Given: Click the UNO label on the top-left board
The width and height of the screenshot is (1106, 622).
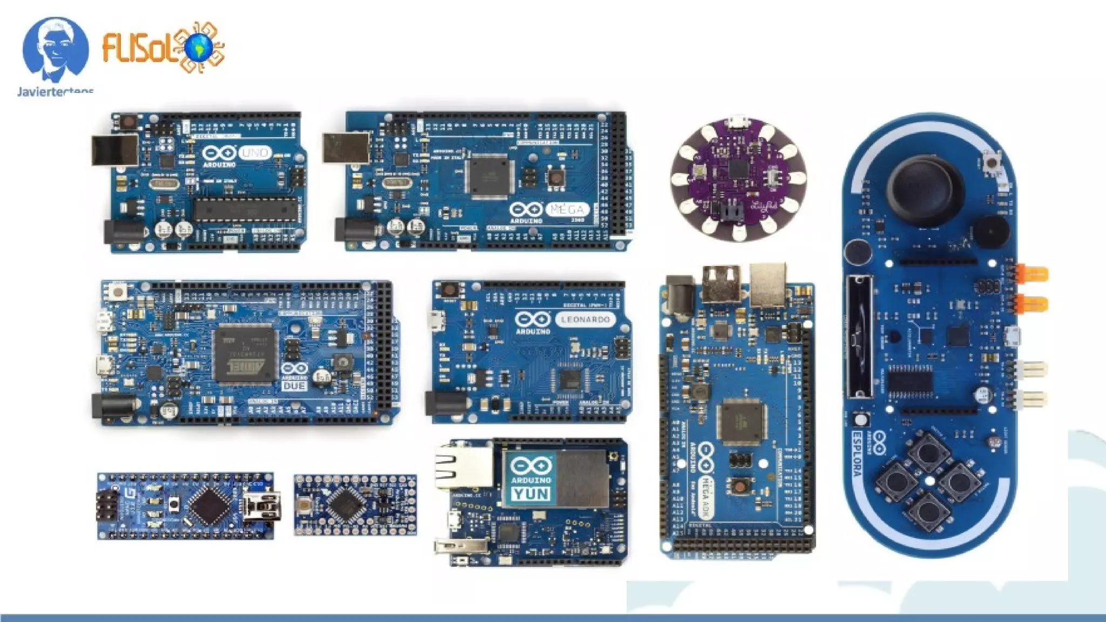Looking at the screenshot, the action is (x=254, y=153).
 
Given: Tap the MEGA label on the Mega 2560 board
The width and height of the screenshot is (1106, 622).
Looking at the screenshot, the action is (x=567, y=209).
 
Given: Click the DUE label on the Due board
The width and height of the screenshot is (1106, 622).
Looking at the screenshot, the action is (x=294, y=386).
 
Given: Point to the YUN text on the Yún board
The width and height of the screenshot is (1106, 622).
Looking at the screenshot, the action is (x=531, y=493).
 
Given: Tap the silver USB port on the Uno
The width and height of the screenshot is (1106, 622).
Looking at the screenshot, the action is (x=115, y=150).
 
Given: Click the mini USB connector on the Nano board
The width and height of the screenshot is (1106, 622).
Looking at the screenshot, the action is (x=261, y=506).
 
